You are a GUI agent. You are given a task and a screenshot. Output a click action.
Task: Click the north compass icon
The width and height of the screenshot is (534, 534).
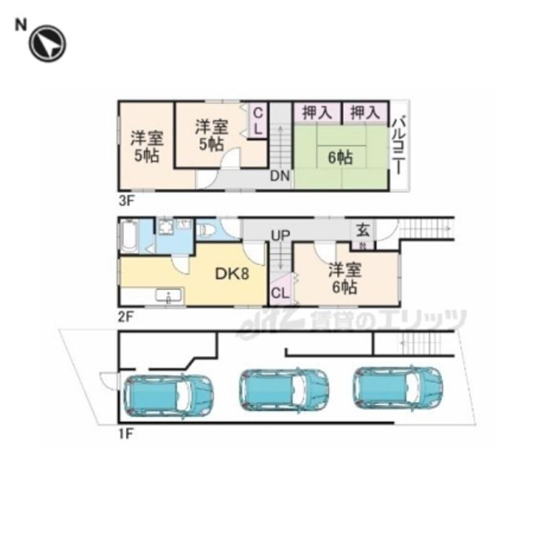click(47, 43)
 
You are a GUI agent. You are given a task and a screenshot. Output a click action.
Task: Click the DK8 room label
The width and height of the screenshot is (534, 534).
click(232, 274)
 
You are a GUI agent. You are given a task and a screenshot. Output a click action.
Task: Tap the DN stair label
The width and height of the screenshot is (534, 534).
click(280, 177)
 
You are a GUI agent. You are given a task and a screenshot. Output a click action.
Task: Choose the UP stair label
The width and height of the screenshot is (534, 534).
click(280, 236)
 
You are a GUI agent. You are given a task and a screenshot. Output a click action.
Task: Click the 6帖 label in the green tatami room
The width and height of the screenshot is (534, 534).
click(340, 156)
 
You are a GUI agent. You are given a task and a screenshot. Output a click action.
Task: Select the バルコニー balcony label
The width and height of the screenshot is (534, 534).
click(399, 144)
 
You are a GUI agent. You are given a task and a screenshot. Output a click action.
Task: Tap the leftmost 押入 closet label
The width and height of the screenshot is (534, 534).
click(317, 113)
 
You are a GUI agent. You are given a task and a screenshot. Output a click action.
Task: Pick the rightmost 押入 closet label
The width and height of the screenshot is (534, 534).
click(365, 113)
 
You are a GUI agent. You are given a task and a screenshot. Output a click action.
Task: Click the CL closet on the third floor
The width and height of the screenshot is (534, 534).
click(258, 120)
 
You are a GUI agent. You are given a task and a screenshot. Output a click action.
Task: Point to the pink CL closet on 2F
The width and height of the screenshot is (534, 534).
click(280, 292)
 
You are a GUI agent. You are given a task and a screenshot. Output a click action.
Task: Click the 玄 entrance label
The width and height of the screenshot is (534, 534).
click(363, 230)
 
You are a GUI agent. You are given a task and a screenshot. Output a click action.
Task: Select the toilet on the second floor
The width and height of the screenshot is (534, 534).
click(207, 230)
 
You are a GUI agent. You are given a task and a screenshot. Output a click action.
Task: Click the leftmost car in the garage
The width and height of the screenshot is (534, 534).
click(168, 395)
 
